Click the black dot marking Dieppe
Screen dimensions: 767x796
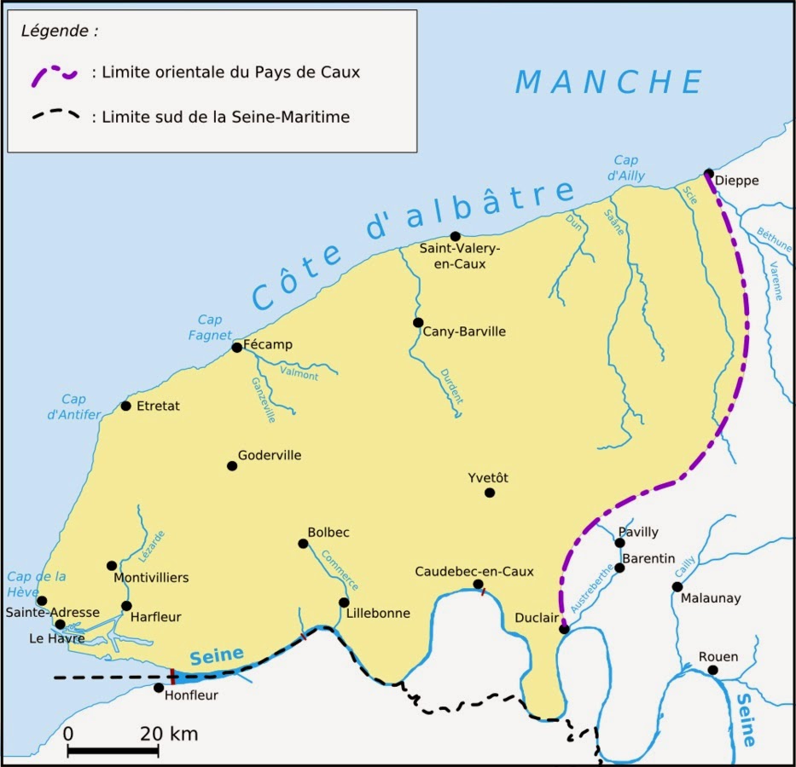pos(709,173)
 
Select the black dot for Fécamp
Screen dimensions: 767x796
pos(237,347)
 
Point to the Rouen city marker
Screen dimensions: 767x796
pos(712,671)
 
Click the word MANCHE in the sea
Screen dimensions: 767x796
pos(609,82)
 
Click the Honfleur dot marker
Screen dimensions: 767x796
pos(159,688)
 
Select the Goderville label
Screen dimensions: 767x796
pos(270,456)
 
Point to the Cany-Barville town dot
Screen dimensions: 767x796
pos(418,322)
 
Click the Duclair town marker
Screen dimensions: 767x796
pos(563,629)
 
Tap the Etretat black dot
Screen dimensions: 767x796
pos(126,406)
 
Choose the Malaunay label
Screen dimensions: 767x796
pos(711,598)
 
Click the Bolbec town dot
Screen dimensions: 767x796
pos(303,544)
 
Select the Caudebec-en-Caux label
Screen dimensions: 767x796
pos(474,571)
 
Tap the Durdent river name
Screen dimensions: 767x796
pos(452,386)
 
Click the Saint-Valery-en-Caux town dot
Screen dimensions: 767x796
pos(455,236)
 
